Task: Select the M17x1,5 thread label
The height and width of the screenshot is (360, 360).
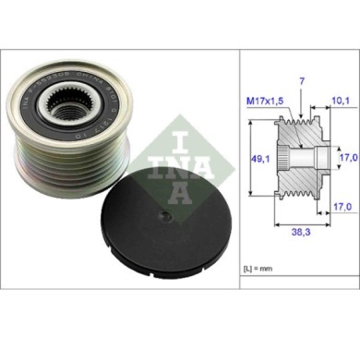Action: point(268,104)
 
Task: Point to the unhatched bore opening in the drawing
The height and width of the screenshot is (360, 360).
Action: point(318,160)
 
